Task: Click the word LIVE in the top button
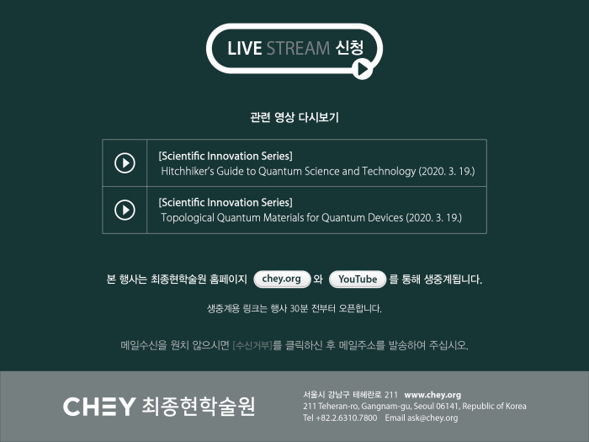245,49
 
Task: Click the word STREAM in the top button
298,49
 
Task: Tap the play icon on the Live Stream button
363,69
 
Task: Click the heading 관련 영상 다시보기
294,117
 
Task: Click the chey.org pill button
282,280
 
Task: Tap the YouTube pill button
358,280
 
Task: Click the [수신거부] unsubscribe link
252,345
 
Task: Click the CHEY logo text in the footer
99,407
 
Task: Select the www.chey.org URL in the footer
432,395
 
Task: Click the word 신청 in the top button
349,48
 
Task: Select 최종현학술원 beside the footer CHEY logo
199,407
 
